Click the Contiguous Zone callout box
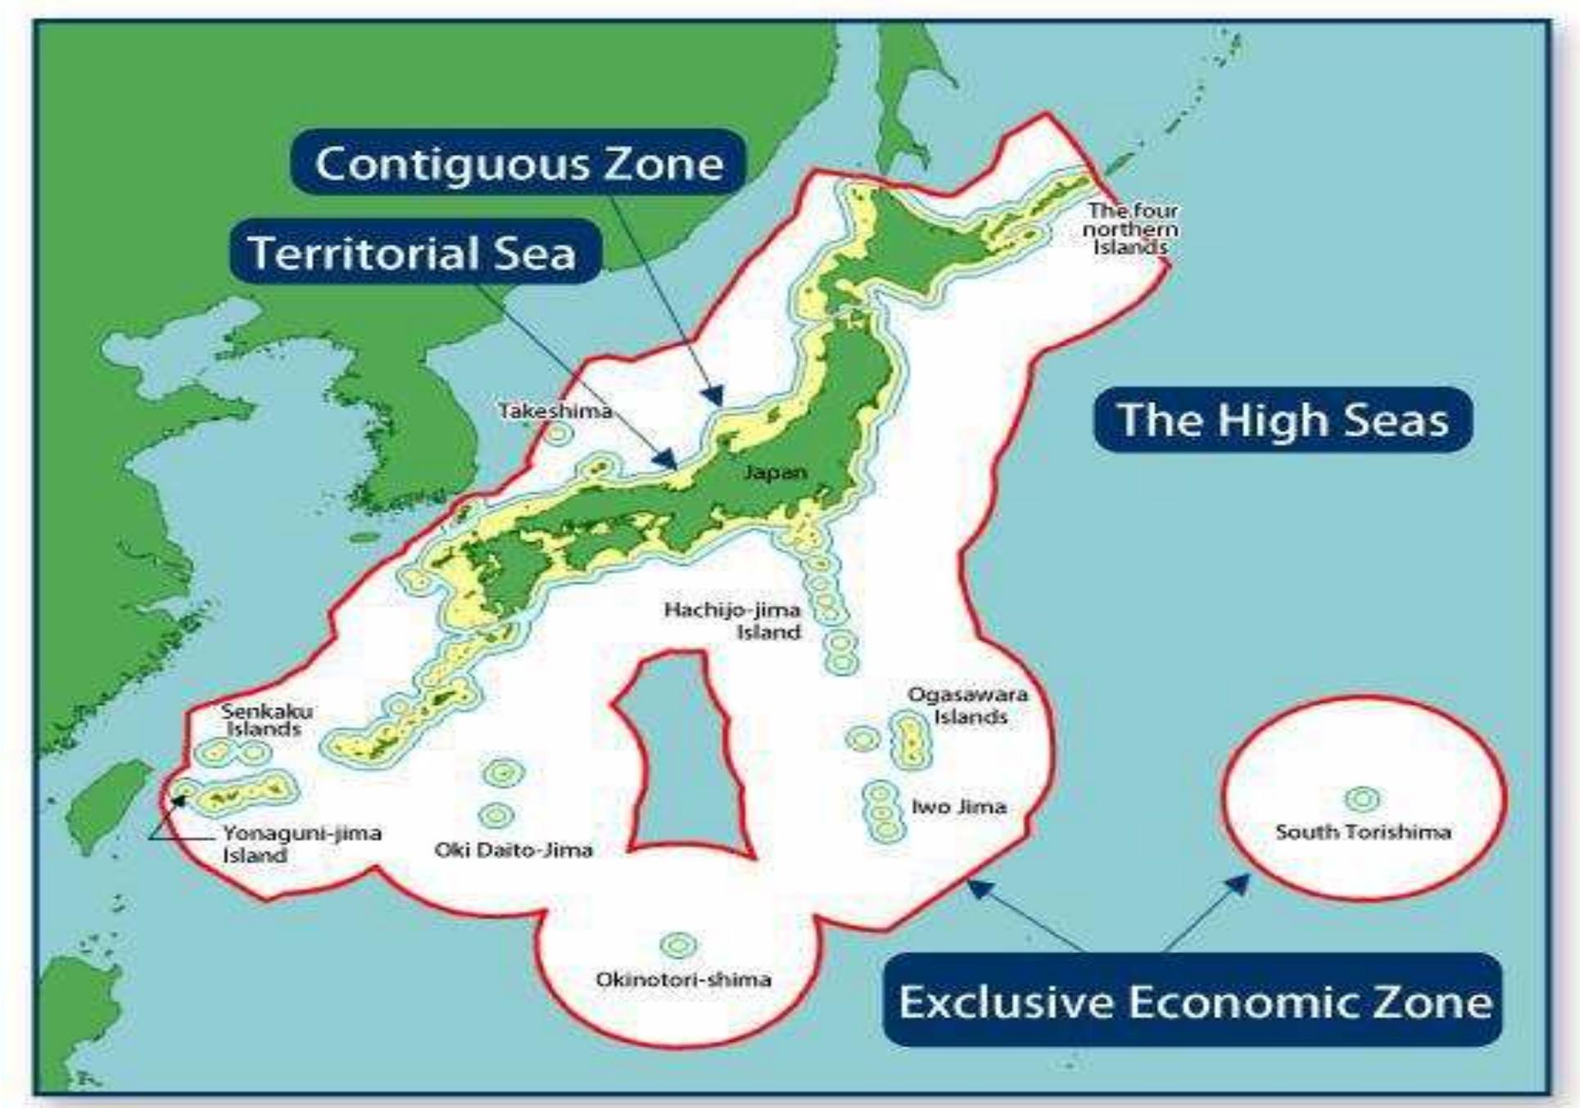click(x=518, y=162)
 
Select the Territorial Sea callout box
click(x=414, y=251)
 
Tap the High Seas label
click(x=1283, y=419)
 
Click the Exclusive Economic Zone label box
click(x=1193, y=1000)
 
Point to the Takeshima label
click(x=555, y=410)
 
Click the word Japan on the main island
click(x=775, y=473)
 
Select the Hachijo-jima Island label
click(x=732, y=621)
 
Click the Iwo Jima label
click(x=958, y=807)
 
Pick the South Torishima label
click(x=1363, y=832)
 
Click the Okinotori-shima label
click(x=683, y=979)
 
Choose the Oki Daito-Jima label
click(x=514, y=850)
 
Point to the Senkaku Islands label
click(x=265, y=720)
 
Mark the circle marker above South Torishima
click(x=1362, y=798)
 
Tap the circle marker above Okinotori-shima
click(x=678, y=946)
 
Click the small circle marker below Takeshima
click(x=557, y=433)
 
